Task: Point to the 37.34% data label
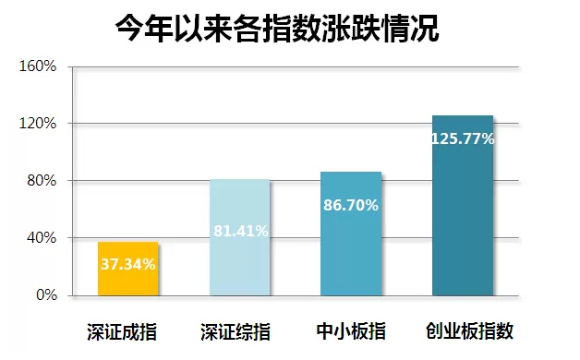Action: tap(128, 265)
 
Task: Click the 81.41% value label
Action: tap(240, 231)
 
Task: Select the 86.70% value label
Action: tap(351, 205)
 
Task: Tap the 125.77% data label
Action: tap(463, 139)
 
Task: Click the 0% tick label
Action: tap(46, 295)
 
